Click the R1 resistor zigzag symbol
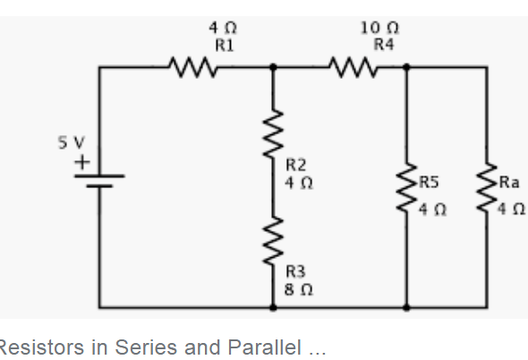(x=193, y=67)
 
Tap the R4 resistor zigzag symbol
(x=353, y=67)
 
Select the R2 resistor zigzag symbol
(x=273, y=133)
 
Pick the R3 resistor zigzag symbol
(x=273, y=241)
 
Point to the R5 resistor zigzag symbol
(x=406, y=188)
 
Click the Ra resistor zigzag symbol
(x=487, y=188)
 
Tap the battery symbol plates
(x=99, y=181)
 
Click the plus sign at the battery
(x=82, y=162)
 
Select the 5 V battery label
(x=71, y=142)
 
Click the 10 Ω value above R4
(x=379, y=28)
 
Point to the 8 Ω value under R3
(x=299, y=289)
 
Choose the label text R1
(x=225, y=45)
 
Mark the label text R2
(x=296, y=165)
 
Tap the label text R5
(x=429, y=182)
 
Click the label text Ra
(x=509, y=182)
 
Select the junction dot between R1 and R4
(x=273, y=67)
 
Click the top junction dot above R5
(x=406, y=67)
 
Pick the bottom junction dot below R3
(x=273, y=307)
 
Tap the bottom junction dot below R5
(x=406, y=307)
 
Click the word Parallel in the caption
(x=264, y=347)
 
